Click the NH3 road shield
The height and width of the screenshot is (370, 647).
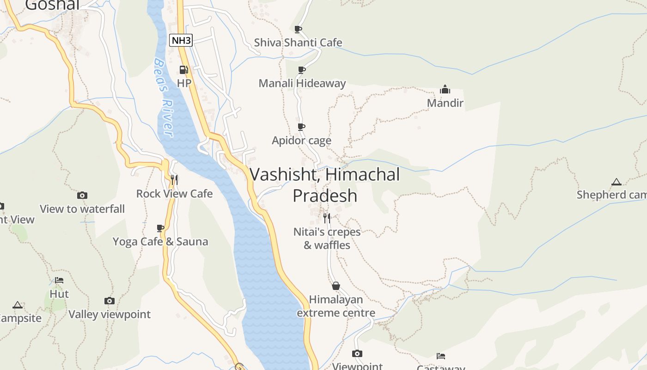tap(181, 40)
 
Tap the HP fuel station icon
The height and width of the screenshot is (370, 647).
tap(183, 70)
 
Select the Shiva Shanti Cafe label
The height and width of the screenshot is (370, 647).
tap(298, 43)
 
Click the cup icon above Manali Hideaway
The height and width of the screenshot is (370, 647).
tap(301, 70)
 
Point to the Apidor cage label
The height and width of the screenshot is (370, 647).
tap(301, 141)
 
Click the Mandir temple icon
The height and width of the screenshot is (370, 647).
tap(445, 89)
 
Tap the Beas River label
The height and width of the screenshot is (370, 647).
tap(164, 97)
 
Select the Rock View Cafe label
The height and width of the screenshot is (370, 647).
tap(174, 194)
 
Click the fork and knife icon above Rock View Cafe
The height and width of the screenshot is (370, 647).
tap(174, 179)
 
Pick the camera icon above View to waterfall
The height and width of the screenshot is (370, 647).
tap(82, 196)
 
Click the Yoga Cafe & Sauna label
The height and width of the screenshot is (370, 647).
tap(160, 241)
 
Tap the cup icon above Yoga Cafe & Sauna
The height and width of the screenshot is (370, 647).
tap(160, 228)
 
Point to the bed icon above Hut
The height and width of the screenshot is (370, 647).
tap(59, 280)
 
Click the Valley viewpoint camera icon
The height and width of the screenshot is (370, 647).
tap(110, 301)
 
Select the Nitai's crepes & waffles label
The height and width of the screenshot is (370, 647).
tap(327, 238)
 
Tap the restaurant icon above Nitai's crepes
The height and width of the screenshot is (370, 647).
tap(327, 218)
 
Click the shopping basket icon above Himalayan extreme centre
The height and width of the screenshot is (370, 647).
tap(336, 286)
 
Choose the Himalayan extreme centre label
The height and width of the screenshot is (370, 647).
tap(336, 306)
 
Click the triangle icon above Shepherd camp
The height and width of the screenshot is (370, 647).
tap(616, 182)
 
